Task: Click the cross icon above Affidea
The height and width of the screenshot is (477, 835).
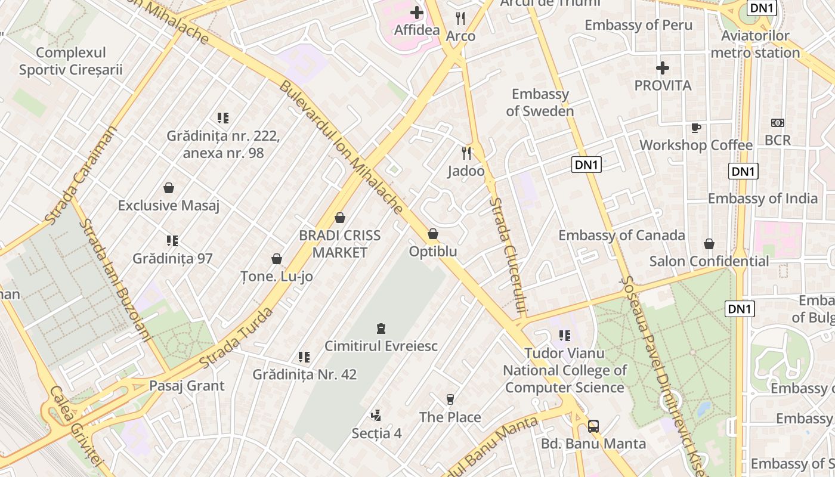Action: pyautogui.click(x=417, y=13)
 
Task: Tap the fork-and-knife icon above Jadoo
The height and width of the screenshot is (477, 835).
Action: pyautogui.click(x=466, y=153)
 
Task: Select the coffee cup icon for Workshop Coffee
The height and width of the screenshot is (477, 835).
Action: pyautogui.click(x=695, y=128)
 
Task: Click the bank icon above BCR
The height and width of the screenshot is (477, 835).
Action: pyautogui.click(x=778, y=123)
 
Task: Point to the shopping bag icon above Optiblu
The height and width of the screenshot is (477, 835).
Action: pyautogui.click(x=433, y=234)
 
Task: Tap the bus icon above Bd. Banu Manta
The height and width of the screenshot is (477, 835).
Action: pyautogui.click(x=593, y=426)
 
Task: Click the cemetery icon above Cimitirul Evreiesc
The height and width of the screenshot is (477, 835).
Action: pyautogui.click(x=381, y=328)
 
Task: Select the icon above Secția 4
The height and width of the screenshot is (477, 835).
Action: pyautogui.click(x=376, y=416)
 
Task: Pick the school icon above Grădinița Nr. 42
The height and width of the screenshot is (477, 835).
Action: pyautogui.click(x=304, y=357)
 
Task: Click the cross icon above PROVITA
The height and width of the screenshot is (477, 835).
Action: pyautogui.click(x=662, y=68)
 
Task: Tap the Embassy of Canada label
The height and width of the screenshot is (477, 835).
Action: pyautogui.click(x=621, y=236)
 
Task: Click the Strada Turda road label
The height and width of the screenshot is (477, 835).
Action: pyautogui.click(x=237, y=338)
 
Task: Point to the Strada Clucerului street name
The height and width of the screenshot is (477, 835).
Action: pyautogui.click(x=508, y=256)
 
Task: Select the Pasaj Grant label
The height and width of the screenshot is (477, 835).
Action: pyautogui.click(x=187, y=386)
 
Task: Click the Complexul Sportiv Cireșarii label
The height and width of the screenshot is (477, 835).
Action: pyautogui.click(x=70, y=61)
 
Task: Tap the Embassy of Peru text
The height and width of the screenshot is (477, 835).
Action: pyautogui.click(x=638, y=25)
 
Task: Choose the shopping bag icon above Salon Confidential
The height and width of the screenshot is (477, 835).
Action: pyautogui.click(x=709, y=244)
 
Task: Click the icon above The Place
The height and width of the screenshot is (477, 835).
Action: pyautogui.click(x=450, y=399)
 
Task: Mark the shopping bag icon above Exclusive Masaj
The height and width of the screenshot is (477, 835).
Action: pyautogui.click(x=169, y=188)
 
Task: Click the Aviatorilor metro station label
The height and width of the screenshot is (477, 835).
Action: pyautogui.click(x=755, y=44)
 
